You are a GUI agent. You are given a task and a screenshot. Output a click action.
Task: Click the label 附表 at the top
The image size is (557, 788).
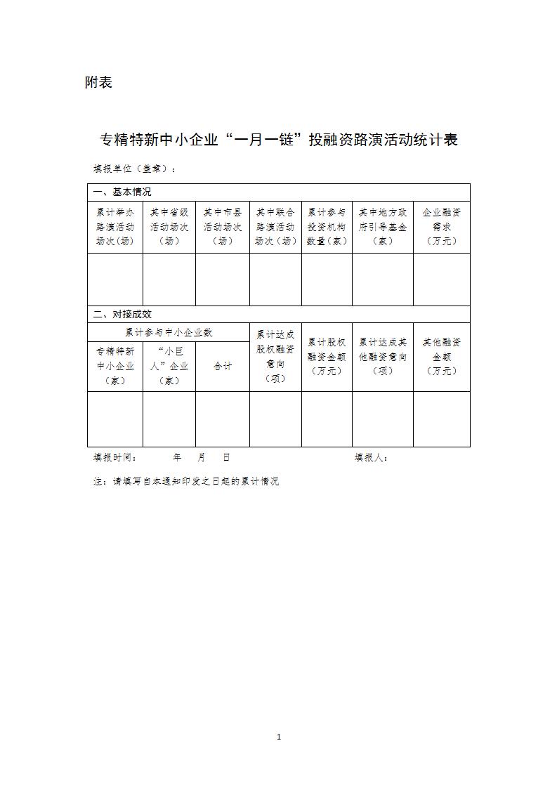point(98,83)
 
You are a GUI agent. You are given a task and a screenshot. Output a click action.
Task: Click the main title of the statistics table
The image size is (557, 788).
point(279,140)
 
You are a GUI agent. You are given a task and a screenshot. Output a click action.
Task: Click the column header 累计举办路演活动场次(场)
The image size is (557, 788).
point(115,226)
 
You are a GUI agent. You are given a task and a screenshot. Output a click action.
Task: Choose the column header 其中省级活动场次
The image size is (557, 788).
point(169,226)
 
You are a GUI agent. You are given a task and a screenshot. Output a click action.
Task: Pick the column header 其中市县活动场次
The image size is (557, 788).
point(223,226)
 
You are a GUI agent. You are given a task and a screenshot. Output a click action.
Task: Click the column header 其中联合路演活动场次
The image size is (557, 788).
point(275,226)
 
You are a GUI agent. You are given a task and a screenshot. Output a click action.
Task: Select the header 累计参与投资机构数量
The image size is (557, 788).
point(327,226)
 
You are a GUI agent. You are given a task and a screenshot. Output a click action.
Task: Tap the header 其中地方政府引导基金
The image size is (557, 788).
point(383,226)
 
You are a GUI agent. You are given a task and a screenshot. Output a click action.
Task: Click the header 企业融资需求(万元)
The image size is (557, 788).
point(441,226)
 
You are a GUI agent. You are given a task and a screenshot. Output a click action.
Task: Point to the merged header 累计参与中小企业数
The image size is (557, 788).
point(169,332)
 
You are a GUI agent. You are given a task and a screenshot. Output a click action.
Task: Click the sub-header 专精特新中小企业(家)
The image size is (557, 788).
point(115,366)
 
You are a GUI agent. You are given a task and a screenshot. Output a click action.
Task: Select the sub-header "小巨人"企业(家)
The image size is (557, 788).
point(169,366)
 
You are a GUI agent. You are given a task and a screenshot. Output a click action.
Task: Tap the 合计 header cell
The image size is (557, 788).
point(223,366)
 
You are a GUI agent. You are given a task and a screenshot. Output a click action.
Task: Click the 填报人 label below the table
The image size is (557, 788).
point(371,457)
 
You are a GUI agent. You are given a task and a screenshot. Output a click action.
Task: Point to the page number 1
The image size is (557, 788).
point(279,737)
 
